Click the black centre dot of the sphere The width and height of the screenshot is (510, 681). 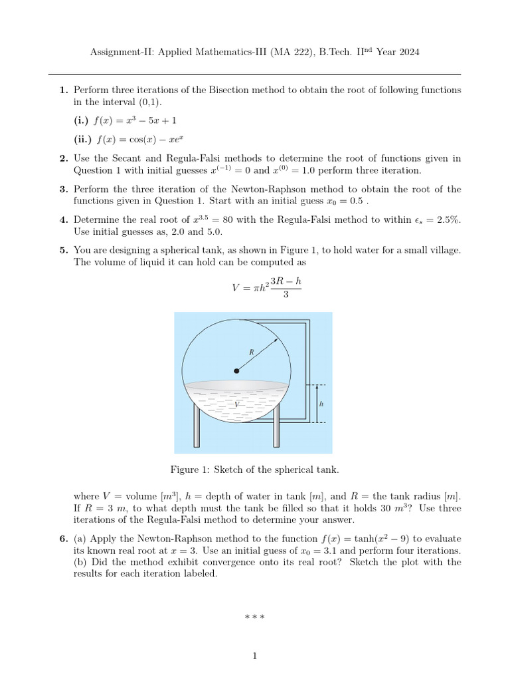(x=236, y=370)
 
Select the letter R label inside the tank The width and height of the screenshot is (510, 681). (x=252, y=351)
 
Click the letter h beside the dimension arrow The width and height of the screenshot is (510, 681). (x=321, y=404)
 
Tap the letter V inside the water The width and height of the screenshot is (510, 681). (x=236, y=404)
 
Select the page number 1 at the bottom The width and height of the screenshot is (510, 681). (x=254, y=656)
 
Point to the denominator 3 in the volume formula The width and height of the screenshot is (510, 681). (x=286, y=295)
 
